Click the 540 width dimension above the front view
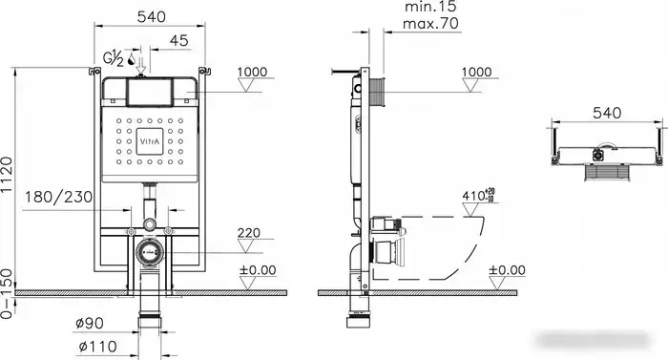pos(154,16)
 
